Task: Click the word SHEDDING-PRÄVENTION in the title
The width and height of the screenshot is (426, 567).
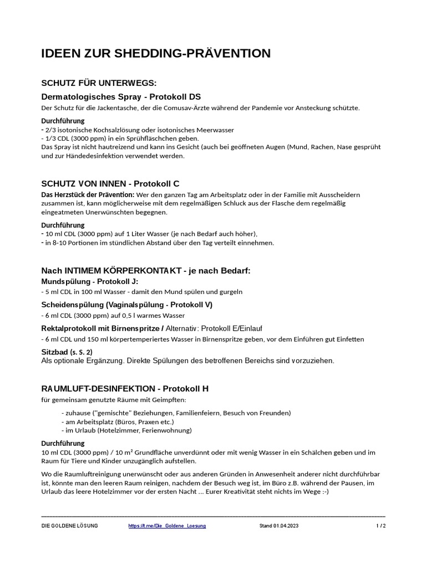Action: (192, 54)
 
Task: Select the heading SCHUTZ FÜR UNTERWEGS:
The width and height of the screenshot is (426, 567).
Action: (99, 83)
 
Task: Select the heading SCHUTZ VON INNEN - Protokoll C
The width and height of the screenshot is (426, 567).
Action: (110, 183)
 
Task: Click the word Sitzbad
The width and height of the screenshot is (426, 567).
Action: (54, 352)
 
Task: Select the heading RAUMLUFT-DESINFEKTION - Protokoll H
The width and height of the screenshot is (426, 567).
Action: (125, 388)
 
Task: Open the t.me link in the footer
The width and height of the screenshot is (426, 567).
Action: (167, 525)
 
